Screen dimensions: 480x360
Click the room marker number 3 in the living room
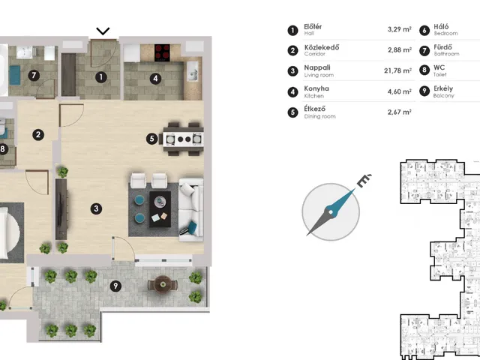pyautogui.click(x=96, y=208)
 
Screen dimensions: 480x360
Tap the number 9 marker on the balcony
pyautogui.click(x=115, y=286)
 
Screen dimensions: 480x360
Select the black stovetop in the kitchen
pyautogui.click(x=162, y=52)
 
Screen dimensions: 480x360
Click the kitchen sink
pyautogui.click(x=193, y=71)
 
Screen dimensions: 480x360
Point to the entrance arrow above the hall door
pyautogui.click(x=103, y=31)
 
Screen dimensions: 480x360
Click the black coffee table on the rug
pyautogui.click(x=160, y=209)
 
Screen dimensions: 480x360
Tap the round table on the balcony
pyautogui.click(x=163, y=284)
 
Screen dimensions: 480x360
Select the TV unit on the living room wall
pyautogui.click(x=61, y=209)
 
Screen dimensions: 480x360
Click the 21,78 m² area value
pyautogui.click(x=397, y=70)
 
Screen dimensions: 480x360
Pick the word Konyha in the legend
pyautogui.click(x=316, y=88)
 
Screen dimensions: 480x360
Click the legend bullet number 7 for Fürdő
pyautogui.click(x=424, y=50)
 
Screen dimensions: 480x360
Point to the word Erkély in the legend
pyautogui.click(x=443, y=88)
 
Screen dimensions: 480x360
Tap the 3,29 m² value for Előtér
pyautogui.click(x=400, y=29)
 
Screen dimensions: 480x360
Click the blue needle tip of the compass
pyautogui.click(x=355, y=189)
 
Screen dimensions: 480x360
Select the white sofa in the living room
pyautogui.click(x=191, y=210)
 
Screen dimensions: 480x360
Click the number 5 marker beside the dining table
pyautogui.click(x=151, y=139)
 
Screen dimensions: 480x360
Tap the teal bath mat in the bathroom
pyautogui.click(x=14, y=75)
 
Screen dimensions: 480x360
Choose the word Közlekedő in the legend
pyautogui.click(x=322, y=47)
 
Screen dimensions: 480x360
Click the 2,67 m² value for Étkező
pyautogui.click(x=400, y=112)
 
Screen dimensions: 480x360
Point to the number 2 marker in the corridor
pyautogui.click(x=38, y=135)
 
